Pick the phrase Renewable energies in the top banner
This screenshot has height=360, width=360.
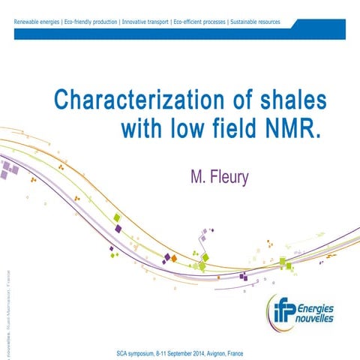click(38, 22)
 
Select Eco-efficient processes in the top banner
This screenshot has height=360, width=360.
click(199, 22)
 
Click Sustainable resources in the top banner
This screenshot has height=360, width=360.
click(254, 22)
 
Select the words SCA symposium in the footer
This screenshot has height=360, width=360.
click(139, 352)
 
